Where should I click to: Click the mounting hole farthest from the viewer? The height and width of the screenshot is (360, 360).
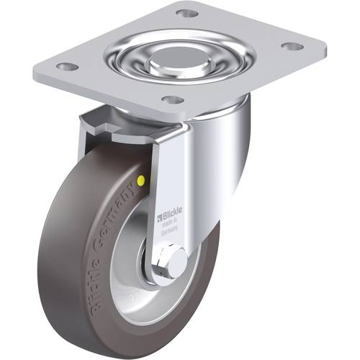pyautogui.click(x=186, y=13)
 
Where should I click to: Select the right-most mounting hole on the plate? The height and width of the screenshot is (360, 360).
pyautogui.click(x=292, y=47)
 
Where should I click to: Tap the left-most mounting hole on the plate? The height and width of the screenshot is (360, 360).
pyautogui.click(x=67, y=66)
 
